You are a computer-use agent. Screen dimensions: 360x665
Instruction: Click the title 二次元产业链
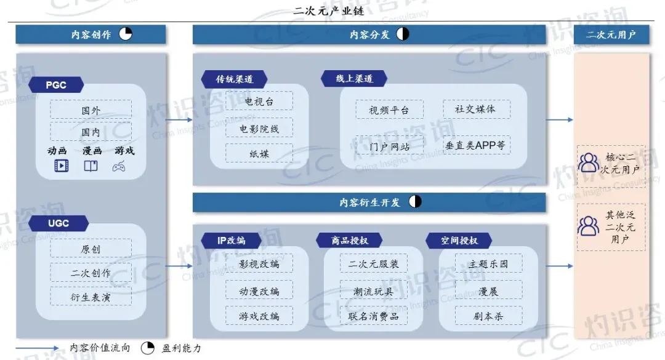pyautogui.click(x=332, y=10)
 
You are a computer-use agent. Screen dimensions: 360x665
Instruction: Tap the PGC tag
pyautogui.click(x=56, y=85)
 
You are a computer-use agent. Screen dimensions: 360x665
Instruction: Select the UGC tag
pyautogui.click(x=58, y=223)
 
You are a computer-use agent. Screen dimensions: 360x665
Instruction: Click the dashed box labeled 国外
pyautogui.click(x=91, y=111)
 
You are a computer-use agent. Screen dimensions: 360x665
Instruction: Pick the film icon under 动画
pyautogui.click(x=62, y=166)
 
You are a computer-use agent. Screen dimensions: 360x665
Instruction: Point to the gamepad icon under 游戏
pyautogui.click(x=119, y=166)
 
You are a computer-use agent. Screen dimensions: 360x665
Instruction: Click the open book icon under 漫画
pyautogui.click(x=91, y=166)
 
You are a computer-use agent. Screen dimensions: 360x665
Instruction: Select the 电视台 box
pyautogui.click(x=259, y=102)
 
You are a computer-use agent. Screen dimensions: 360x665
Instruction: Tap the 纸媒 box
pyautogui.click(x=259, y=153)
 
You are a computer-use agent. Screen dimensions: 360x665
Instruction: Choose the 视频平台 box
pyautogui.click(x=389, y=110)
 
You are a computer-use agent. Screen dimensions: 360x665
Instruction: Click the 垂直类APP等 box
pyautogui.click(x=476, y=146)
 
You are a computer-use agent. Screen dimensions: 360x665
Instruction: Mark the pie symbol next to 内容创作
pyautogui.click(x=126, y=34)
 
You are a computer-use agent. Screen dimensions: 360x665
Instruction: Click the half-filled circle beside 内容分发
pyautogui.click(x=403, y=34)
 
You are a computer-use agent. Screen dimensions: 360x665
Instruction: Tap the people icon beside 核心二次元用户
pyautogui.click(x=589, y=162)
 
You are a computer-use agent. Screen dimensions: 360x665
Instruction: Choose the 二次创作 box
pyautogui.click(x=91, y=273)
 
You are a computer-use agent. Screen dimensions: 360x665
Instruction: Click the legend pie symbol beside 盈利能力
pyautogui.click(x=148, y=348)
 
